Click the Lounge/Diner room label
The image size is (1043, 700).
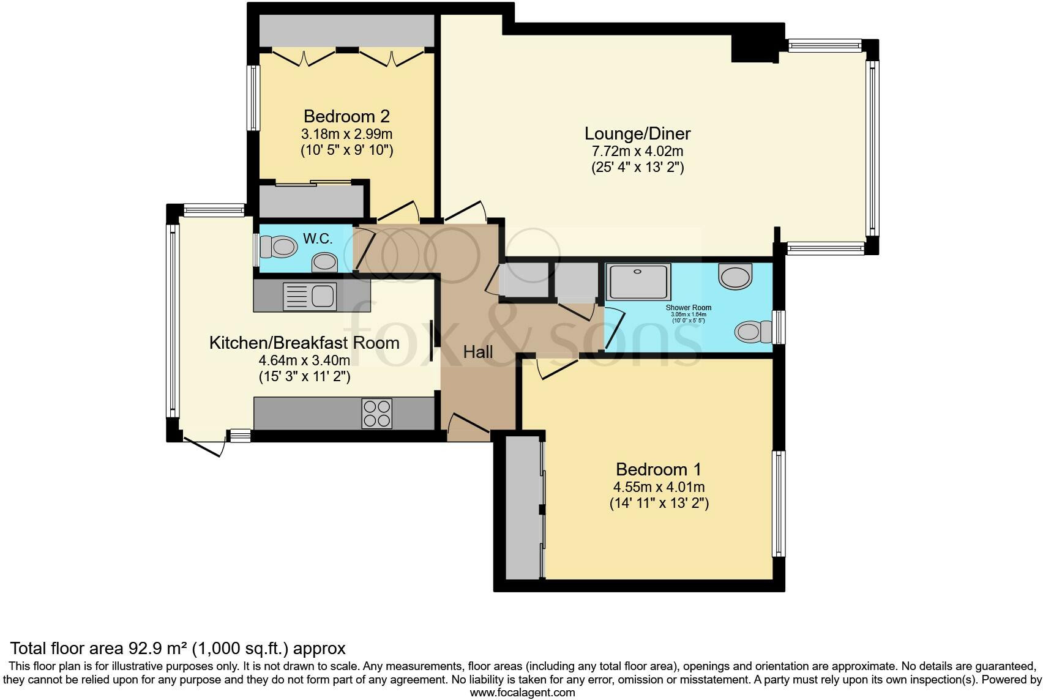click(637, 133)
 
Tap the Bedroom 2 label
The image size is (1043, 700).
click(346, 116)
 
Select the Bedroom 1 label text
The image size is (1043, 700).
click(658, 469)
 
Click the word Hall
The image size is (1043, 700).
click(478, 352)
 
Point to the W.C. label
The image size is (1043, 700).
click(318, 239)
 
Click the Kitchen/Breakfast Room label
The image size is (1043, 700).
click(304, 343)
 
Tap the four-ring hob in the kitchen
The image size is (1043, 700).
click(376, 414)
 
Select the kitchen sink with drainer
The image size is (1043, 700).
click(308, 296)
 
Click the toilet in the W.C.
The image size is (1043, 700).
click(277, 247)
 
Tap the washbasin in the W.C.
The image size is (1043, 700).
click(324, 264)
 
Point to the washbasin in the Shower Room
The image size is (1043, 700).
click(735, 277)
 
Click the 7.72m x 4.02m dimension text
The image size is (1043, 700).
click(637, 151)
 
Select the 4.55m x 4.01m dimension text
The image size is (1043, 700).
click(659, 487)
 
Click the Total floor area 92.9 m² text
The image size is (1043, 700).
click(178, 648)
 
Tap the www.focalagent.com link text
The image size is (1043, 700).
click(522, 693)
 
